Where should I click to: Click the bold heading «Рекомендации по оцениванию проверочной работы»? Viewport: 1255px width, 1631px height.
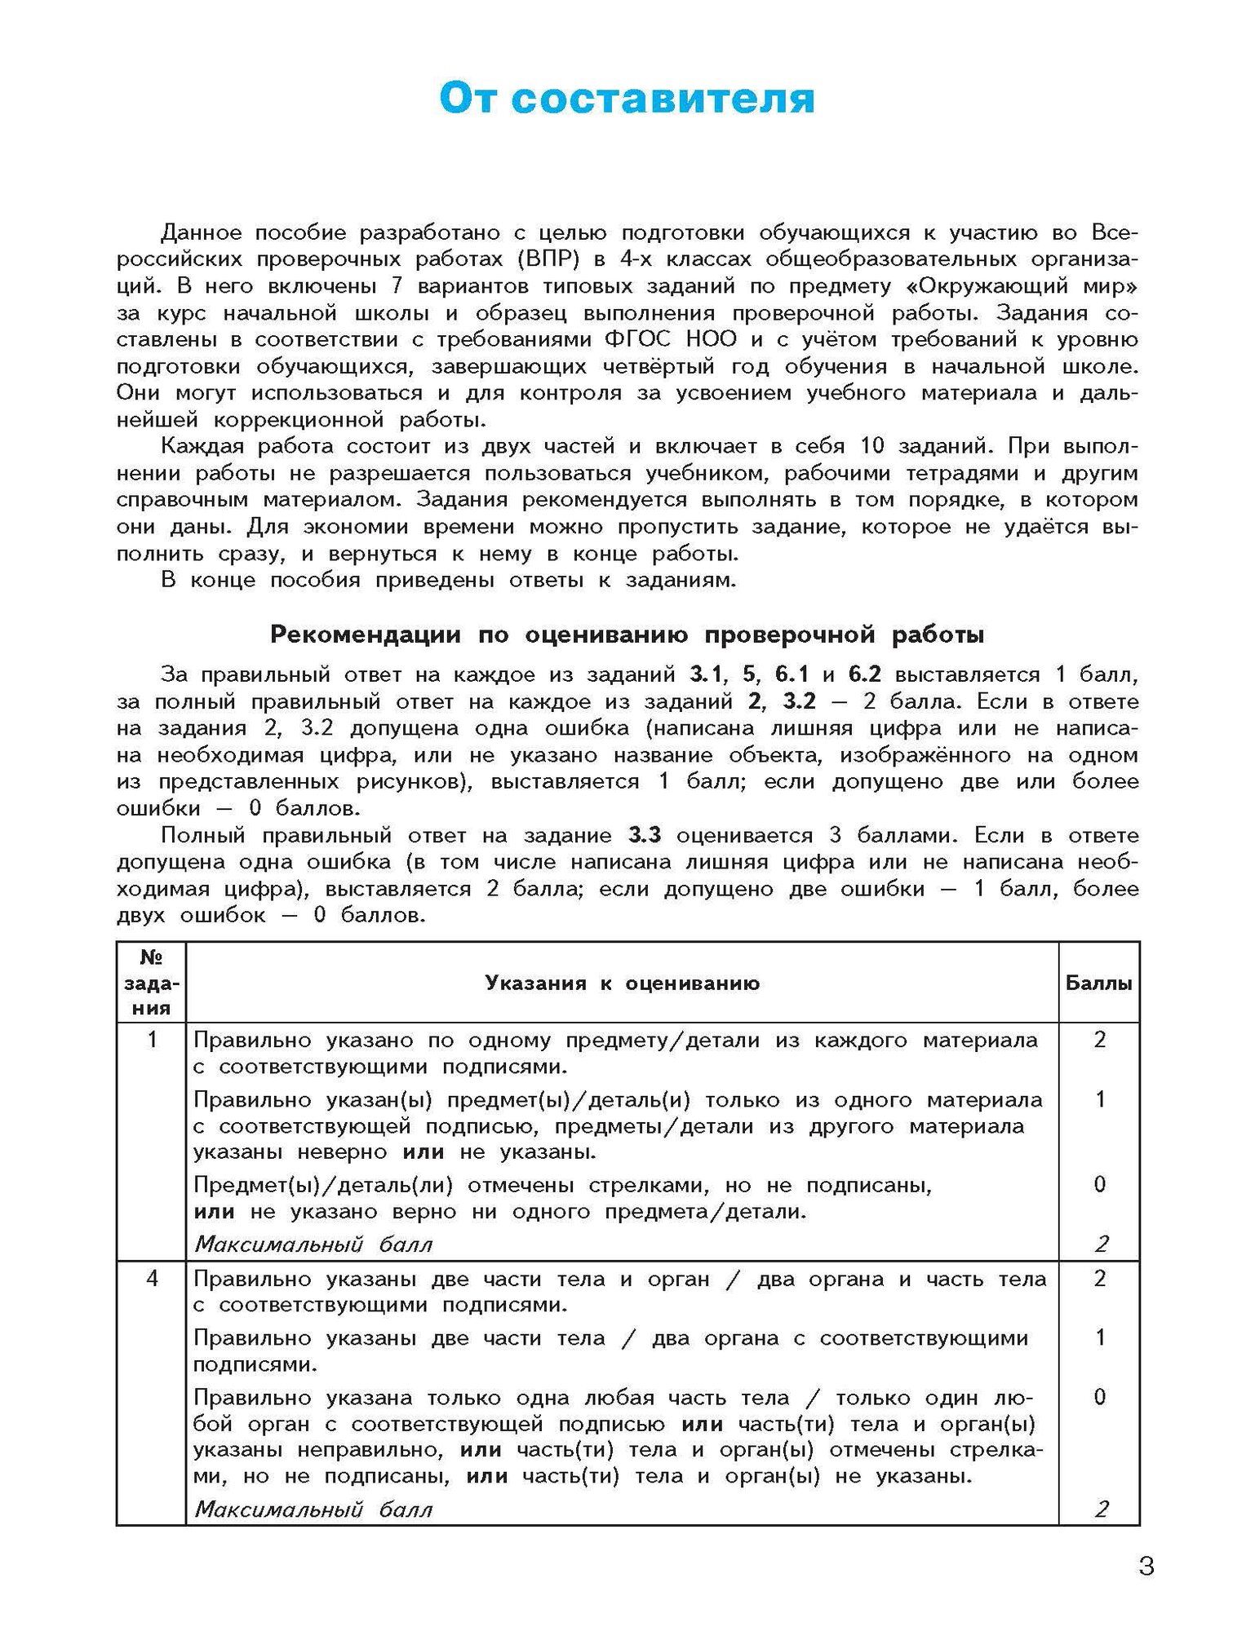[x=627, y=634]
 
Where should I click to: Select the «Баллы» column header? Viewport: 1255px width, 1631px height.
[x=1098, y=983]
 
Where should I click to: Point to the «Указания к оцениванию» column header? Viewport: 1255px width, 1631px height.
[x=622, y=983]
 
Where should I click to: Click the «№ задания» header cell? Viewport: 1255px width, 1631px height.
[x=151, y=983]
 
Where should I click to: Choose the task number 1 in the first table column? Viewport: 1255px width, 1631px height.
[x=152, y=1041]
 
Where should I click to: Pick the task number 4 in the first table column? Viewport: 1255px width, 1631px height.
[x=152, y=1279]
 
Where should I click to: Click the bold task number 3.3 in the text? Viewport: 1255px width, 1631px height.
[x=645, y=836]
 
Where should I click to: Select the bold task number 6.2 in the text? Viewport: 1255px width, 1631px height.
[x=865, y=675]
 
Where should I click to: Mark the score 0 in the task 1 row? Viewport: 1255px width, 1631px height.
[x=1099, y=1184]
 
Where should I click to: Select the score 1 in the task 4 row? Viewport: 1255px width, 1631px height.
[x=1099, y=1337]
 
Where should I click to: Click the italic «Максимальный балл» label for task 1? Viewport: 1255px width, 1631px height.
[x=313, y=1244]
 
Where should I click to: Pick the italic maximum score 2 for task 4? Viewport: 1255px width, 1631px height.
[x=1101, y=1509]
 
